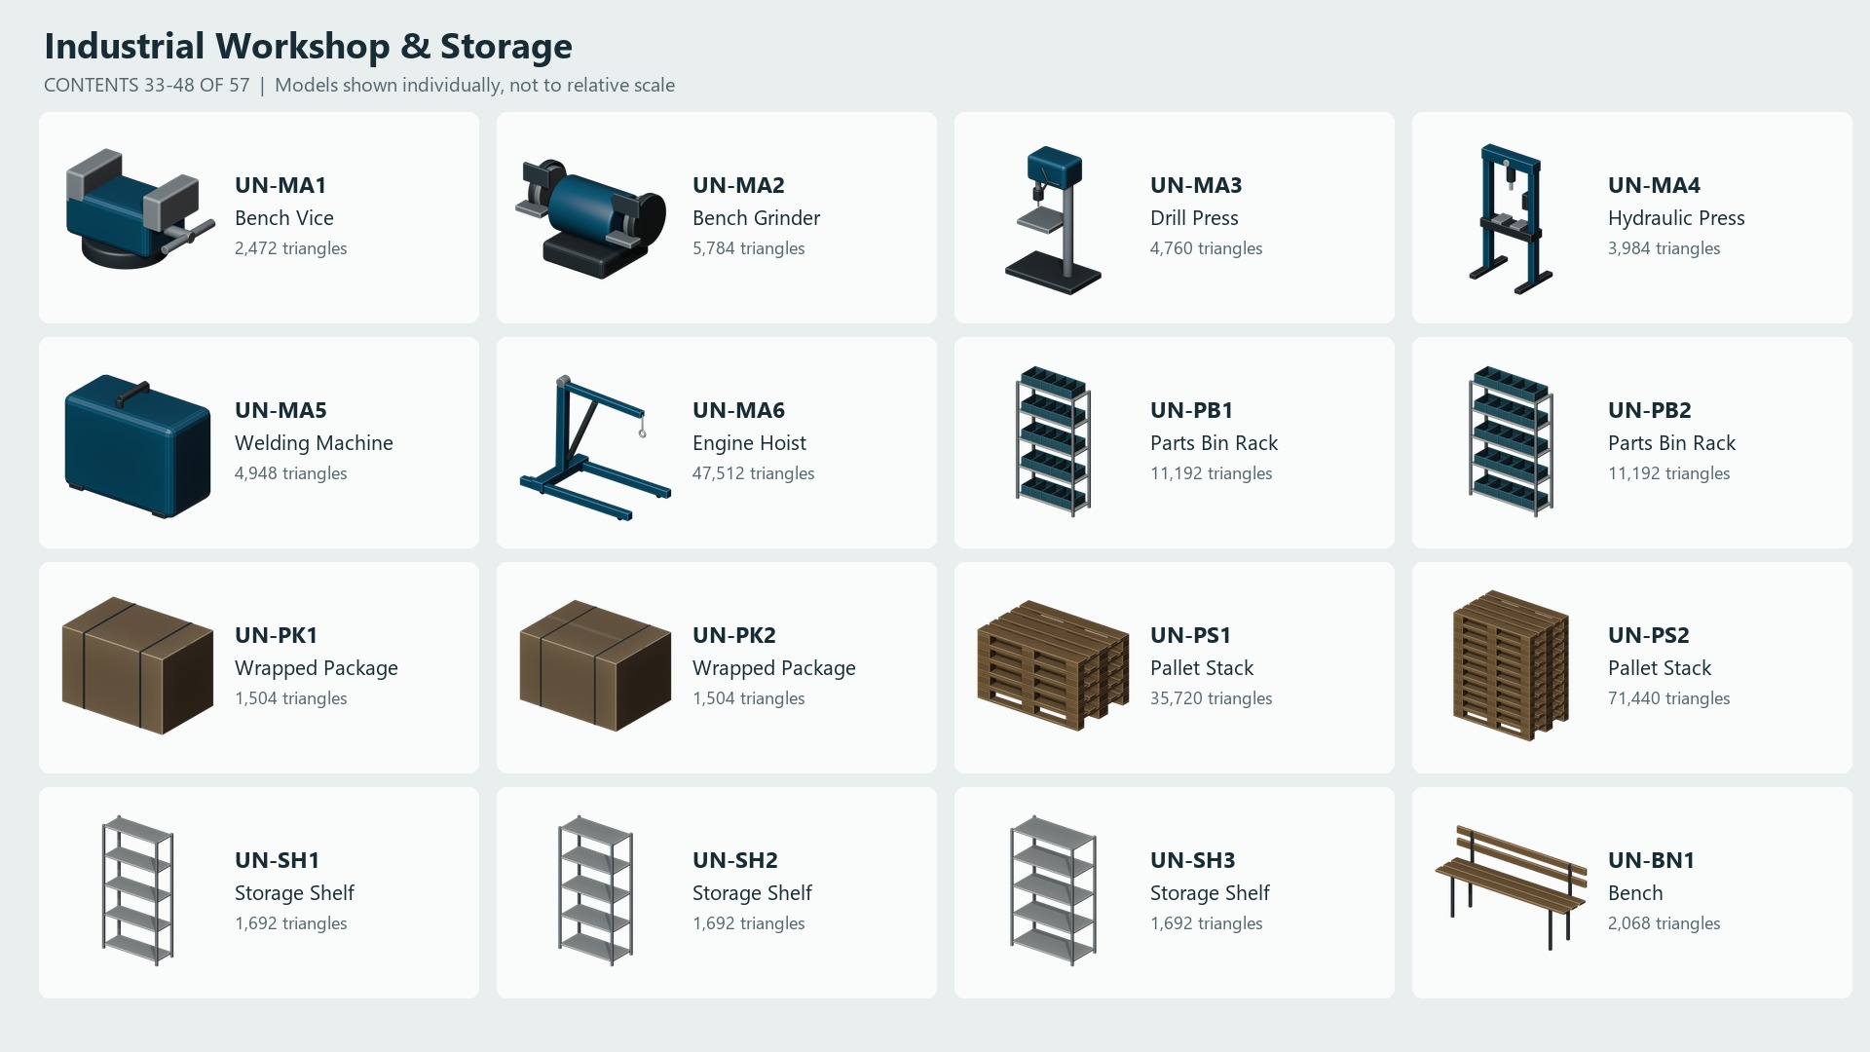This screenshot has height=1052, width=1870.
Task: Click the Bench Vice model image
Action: pyautogui.click(x=138, y=209)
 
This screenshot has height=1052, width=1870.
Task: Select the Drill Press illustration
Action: pyautogui.click(x=1053, y=220)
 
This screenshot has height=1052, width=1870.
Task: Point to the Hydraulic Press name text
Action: pyautogui.click(x=1676, y=218)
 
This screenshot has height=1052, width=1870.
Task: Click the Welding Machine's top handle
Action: pyautogui.click(x=132, y=394)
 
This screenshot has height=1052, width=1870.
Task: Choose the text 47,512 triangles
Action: pyautogui.click(x=753, y=473)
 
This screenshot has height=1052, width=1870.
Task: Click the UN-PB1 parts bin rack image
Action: pyautogui.click(x=1053, y=441)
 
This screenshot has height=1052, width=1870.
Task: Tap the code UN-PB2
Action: pyautogui.click(x=1649, y=410)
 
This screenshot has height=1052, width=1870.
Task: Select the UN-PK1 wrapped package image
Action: pyautogui.click(x=137, y=665)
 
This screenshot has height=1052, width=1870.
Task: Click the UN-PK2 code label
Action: pyautogui.click(x=733, y=635)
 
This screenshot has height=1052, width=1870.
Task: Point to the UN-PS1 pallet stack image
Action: pyautogui.click(x=1053, y=665)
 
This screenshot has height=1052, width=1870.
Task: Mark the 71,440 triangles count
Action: pyautogui.click(x=1668, y=698)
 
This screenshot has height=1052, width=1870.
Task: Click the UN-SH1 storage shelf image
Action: pyautogui.click(x=137, y=890)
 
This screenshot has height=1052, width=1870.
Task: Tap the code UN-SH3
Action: pyautogui.click(x=1192, y=860)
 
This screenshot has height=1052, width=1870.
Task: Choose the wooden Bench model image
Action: pyautogui.click(x=1511, y=887)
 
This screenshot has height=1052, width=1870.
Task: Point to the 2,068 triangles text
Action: pyautogui.click(x=1664, y=923)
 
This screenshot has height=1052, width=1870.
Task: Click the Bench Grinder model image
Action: pyautogui.click(x=591, y=218)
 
